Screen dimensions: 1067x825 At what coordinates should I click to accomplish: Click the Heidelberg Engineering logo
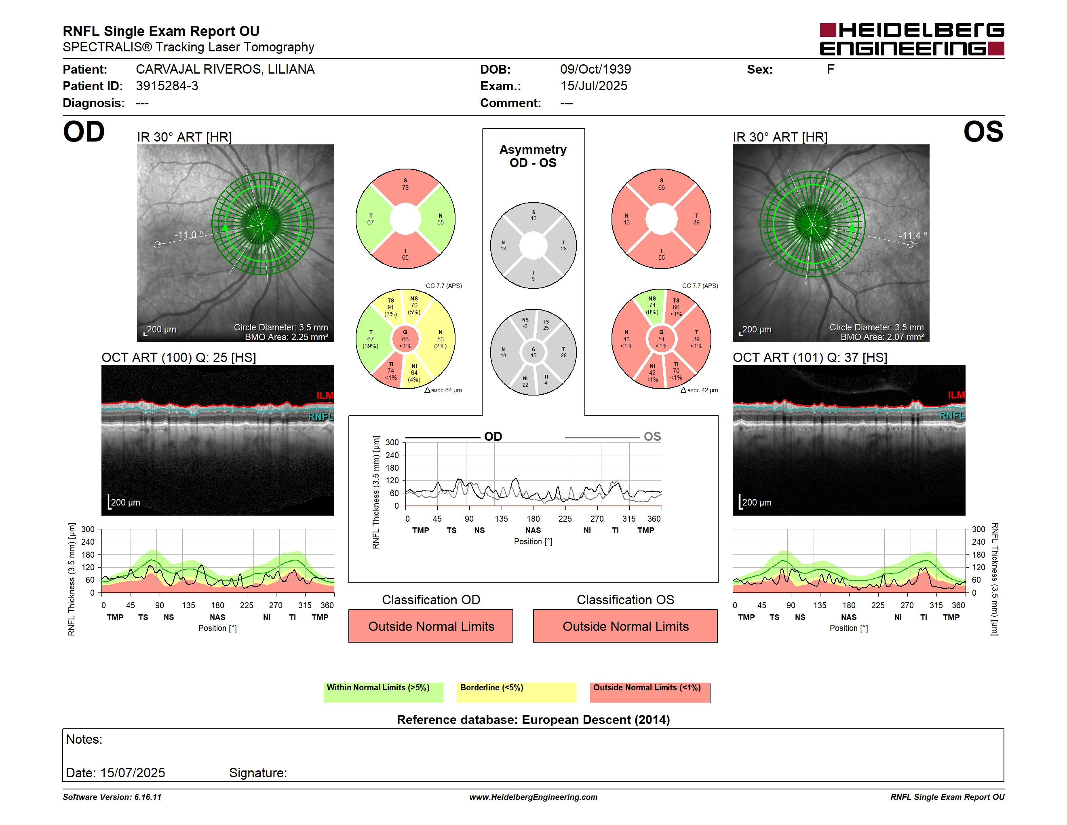click(x=912, y=39)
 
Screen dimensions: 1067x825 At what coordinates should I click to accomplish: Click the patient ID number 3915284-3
click(x=167, y=86)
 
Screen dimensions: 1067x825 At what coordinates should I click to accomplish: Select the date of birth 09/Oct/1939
click(x=596, y=70)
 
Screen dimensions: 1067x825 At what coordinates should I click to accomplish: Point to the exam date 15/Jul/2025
click(x=594, y=86)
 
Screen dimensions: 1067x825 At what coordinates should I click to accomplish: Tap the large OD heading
click(x=84, y=132)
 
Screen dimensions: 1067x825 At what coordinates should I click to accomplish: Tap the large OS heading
click(x=983, y=132)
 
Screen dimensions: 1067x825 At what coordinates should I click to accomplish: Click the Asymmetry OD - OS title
click(x=533, y=156)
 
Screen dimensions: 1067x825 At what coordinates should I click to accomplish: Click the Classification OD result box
click(x=431, y=626)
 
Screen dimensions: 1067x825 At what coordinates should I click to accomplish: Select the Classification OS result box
click(x=625, y=626)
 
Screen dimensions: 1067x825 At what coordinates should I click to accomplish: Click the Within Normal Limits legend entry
click(x=384, y=692)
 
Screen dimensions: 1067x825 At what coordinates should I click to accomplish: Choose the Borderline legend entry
click(x=517, y=692)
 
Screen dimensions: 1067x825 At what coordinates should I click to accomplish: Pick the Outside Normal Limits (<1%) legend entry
click(x=650, y=692)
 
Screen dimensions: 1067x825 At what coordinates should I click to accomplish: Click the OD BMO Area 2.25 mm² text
click(x=286, y=337)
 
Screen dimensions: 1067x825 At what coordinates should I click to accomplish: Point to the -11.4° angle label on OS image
click(x=913, y=236)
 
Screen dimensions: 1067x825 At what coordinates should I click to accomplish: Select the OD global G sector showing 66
click(x=405, y=339)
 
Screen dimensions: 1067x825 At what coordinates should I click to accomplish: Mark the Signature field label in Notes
click(x=258, y=773)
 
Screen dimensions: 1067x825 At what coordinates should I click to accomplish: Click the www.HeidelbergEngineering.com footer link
click(x=533, y=797)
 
